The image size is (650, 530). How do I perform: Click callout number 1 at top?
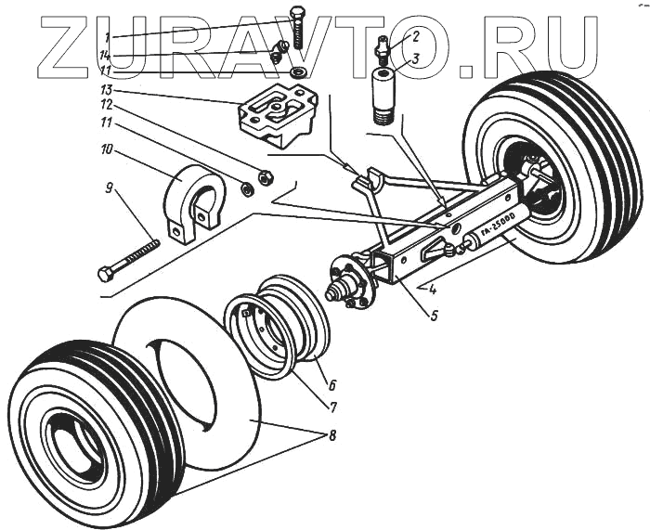109,37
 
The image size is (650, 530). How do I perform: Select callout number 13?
108,90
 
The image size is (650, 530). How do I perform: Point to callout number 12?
108,105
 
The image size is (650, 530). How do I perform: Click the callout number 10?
108,149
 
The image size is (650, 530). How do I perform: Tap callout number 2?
416,36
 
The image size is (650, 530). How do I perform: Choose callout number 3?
416,58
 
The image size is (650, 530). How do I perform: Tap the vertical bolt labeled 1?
297,28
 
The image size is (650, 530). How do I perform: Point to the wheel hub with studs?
352,282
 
